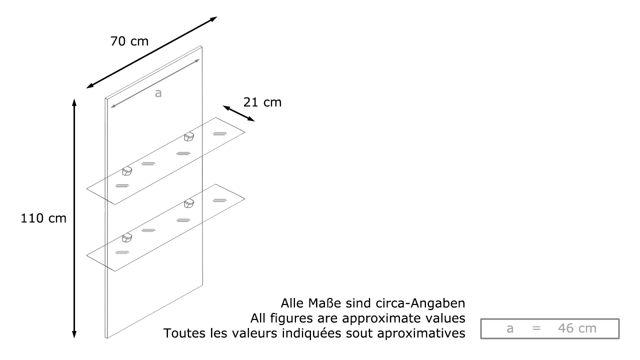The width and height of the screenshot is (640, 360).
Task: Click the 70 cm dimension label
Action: pyautogui.click(x=129, y=41)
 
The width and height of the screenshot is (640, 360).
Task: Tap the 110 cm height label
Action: pyautogui.click(x=43, y=218)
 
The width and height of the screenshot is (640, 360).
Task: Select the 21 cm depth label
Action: pyautogui.click(x=262, y=102)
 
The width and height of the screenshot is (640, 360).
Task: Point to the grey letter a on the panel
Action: pyautogui.click(x=158, y=93)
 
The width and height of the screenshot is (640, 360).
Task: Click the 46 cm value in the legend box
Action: pyautogui.click(x=577, y=328)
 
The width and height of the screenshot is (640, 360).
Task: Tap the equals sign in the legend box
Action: pyautogui.click(x=536, y=328)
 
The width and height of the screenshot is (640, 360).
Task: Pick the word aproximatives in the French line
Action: pyautogui.click(x=421, y=333)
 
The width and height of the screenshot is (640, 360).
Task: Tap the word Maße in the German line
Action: pyautogui.click(x=324, y=303)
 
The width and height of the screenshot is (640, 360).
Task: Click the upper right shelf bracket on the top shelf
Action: pyautogui.click(x=189, y=136)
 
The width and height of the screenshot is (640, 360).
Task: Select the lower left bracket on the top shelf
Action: pyautogui.click(x=127, y=171)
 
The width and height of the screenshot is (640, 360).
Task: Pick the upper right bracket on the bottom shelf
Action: pyautogui.click(x=189, y=203)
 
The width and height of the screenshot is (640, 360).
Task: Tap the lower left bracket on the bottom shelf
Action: pyautogui.click(x=127, y=237)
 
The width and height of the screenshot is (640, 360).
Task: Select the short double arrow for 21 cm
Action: pyautogui.click(x=238, y=113)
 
